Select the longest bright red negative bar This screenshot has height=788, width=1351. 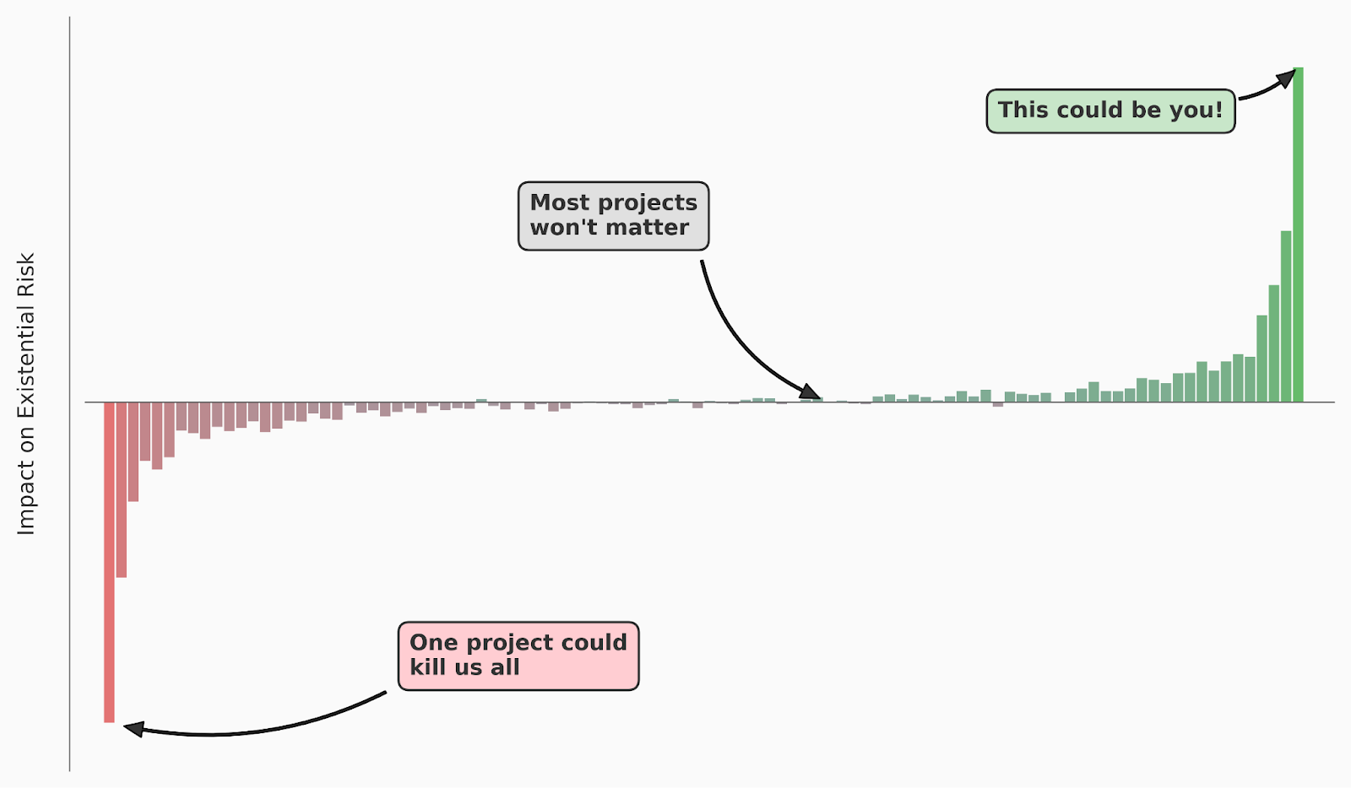coord(109,562)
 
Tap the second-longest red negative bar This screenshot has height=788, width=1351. coord(122,489)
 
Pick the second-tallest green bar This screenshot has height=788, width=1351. coord(1286,316)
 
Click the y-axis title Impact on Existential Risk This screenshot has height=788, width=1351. coord(26,393)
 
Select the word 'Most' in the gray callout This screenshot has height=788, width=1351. coord(560,203)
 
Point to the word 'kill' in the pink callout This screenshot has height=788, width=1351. coord(427,667)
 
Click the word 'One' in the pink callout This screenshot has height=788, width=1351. coord(433,643)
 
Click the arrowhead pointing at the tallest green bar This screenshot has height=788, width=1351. coord(1286,79)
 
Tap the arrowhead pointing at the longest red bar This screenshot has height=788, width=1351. coord(134,728)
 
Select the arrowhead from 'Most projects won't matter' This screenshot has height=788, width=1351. coord(811,392)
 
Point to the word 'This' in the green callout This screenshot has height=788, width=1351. coord(1023,111)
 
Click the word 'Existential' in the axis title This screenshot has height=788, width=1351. coord(26,363)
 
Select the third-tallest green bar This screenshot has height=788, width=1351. coord(1273,343)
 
